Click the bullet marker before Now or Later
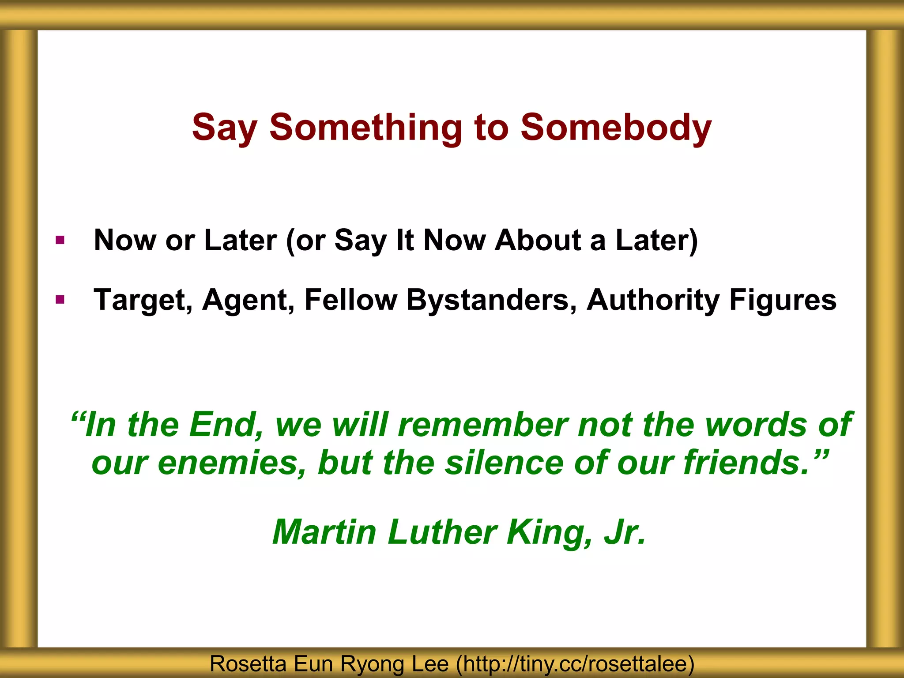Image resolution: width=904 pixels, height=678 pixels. pos(60,241)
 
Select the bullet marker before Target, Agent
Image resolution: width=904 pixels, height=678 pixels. pos(60,300)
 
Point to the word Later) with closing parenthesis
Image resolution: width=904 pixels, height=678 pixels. pos(657,241)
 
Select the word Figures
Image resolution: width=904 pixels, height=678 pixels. pos(783,300)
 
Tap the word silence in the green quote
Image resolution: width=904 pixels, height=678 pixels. pos(504,463)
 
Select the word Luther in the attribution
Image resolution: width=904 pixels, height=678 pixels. pos(442,532)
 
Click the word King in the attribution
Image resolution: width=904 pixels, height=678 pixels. pos(549,532)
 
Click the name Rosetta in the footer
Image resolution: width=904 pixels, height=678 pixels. pos(248,663)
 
